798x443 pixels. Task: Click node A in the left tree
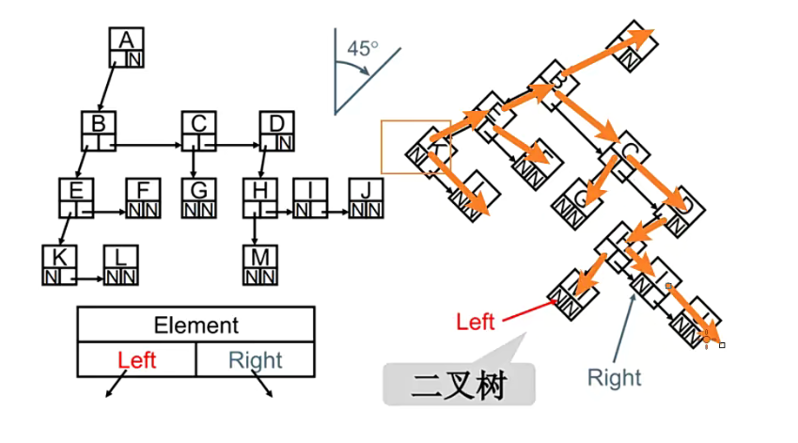[127, 49]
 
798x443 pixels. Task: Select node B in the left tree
[99, 132]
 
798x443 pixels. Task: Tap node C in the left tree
[198, 132]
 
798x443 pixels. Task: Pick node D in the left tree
[276, 132]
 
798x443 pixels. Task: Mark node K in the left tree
[60, 265]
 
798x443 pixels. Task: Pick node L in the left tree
[120, 265]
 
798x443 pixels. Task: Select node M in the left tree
[258, 265]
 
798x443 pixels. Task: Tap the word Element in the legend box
[196, 325]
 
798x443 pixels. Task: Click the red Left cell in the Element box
[137, 359]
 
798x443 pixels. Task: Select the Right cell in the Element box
[255, 359]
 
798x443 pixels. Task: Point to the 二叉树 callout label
[459, 385]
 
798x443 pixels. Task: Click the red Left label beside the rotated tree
[475, 322]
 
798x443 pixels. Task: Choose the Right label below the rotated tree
[614, 377]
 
